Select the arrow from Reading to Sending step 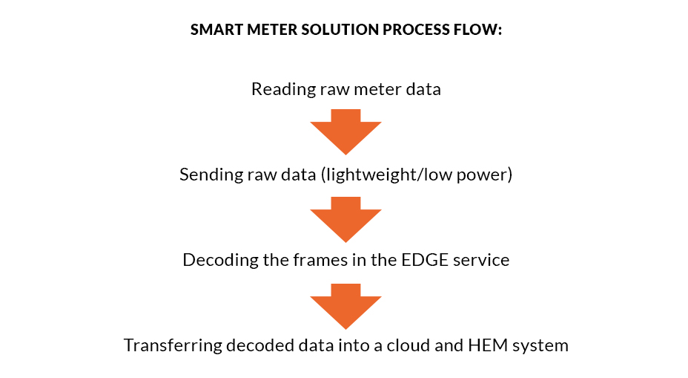[345, 131]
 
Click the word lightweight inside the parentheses [353, 175]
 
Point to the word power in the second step [485, 175]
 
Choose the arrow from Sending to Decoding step [345, 218]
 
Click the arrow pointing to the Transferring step [345, 305]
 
